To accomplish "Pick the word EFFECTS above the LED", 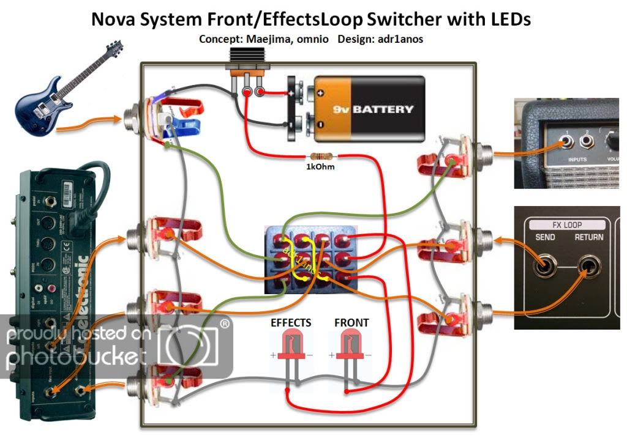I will tap(291, 322).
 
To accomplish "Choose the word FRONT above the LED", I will tap(351, 322).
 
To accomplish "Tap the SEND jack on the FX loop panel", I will tap(543, 267).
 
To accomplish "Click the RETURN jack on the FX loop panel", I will tap(590, 267).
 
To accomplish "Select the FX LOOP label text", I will tap(566, 224).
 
